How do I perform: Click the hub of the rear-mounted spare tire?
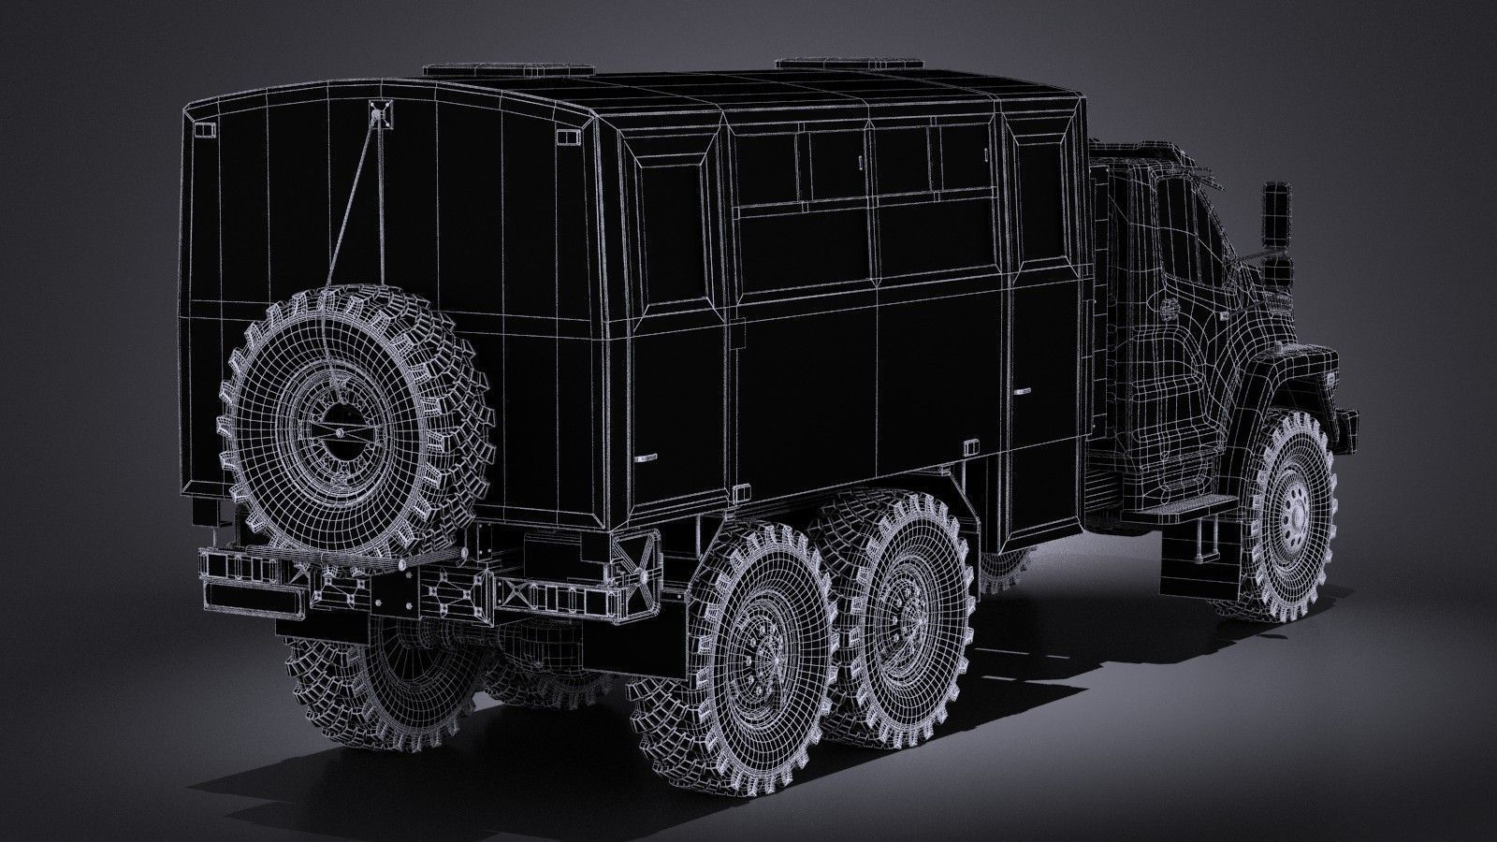331,425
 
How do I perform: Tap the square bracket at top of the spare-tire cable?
379,113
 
